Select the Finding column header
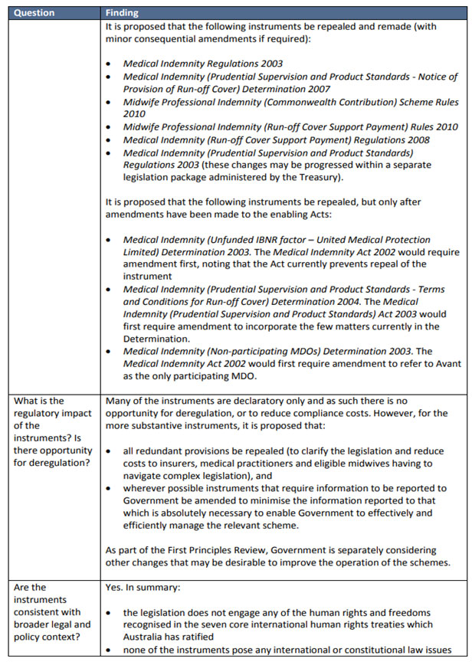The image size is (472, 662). (x=122, y=13)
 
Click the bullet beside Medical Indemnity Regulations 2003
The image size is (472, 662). (x=110, y=64)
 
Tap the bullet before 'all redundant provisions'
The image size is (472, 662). (x=110, y=451)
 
